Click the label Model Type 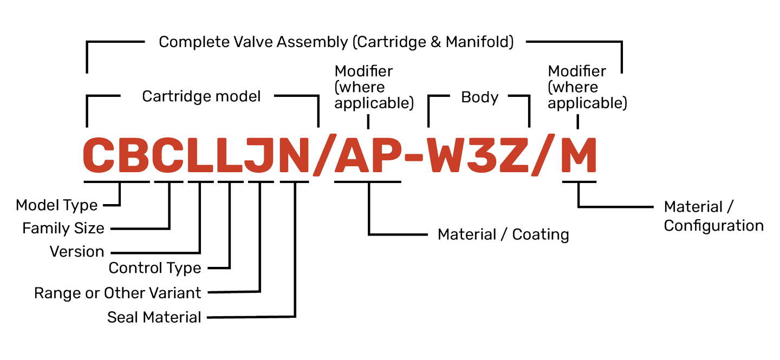57,206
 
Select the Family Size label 63,228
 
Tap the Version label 77,252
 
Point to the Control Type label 155,268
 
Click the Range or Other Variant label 118,293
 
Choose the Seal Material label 154,317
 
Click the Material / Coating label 503,235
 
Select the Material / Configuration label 713,216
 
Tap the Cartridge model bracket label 201,96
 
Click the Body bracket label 479,97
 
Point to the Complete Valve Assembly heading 336,42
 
